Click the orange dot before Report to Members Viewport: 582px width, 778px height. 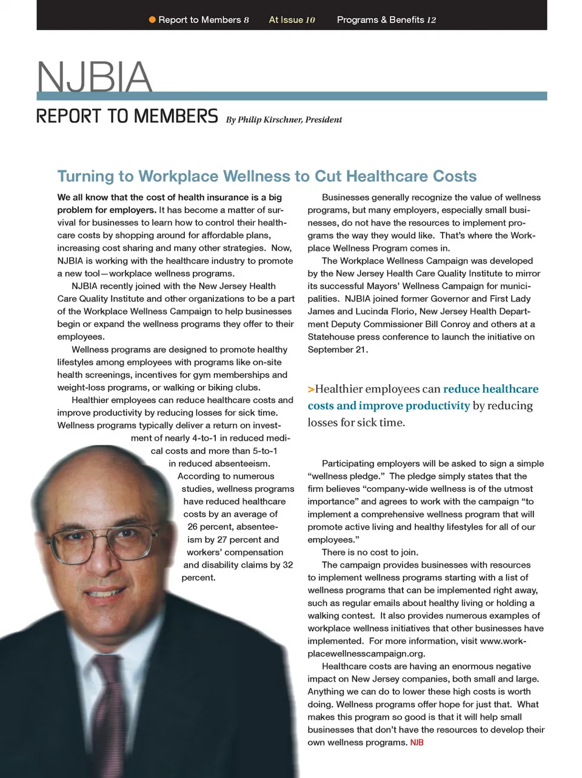(152, 20)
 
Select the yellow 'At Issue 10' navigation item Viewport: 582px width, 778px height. (292, 20)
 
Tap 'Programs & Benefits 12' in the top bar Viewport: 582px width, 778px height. (386, 20)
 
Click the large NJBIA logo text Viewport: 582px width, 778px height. (94, 77)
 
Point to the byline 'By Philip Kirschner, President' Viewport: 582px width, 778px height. (284, 120)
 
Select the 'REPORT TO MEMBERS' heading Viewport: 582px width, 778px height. (127, 116)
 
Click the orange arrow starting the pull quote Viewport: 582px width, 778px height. (311, 389)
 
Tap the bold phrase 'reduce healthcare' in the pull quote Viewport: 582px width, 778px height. (490, 389)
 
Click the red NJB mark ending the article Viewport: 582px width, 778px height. (416, 743)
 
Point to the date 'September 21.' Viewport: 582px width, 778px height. (338, 350)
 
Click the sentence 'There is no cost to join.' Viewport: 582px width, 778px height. (370, 552)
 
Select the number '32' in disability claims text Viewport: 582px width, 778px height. (287, 565)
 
